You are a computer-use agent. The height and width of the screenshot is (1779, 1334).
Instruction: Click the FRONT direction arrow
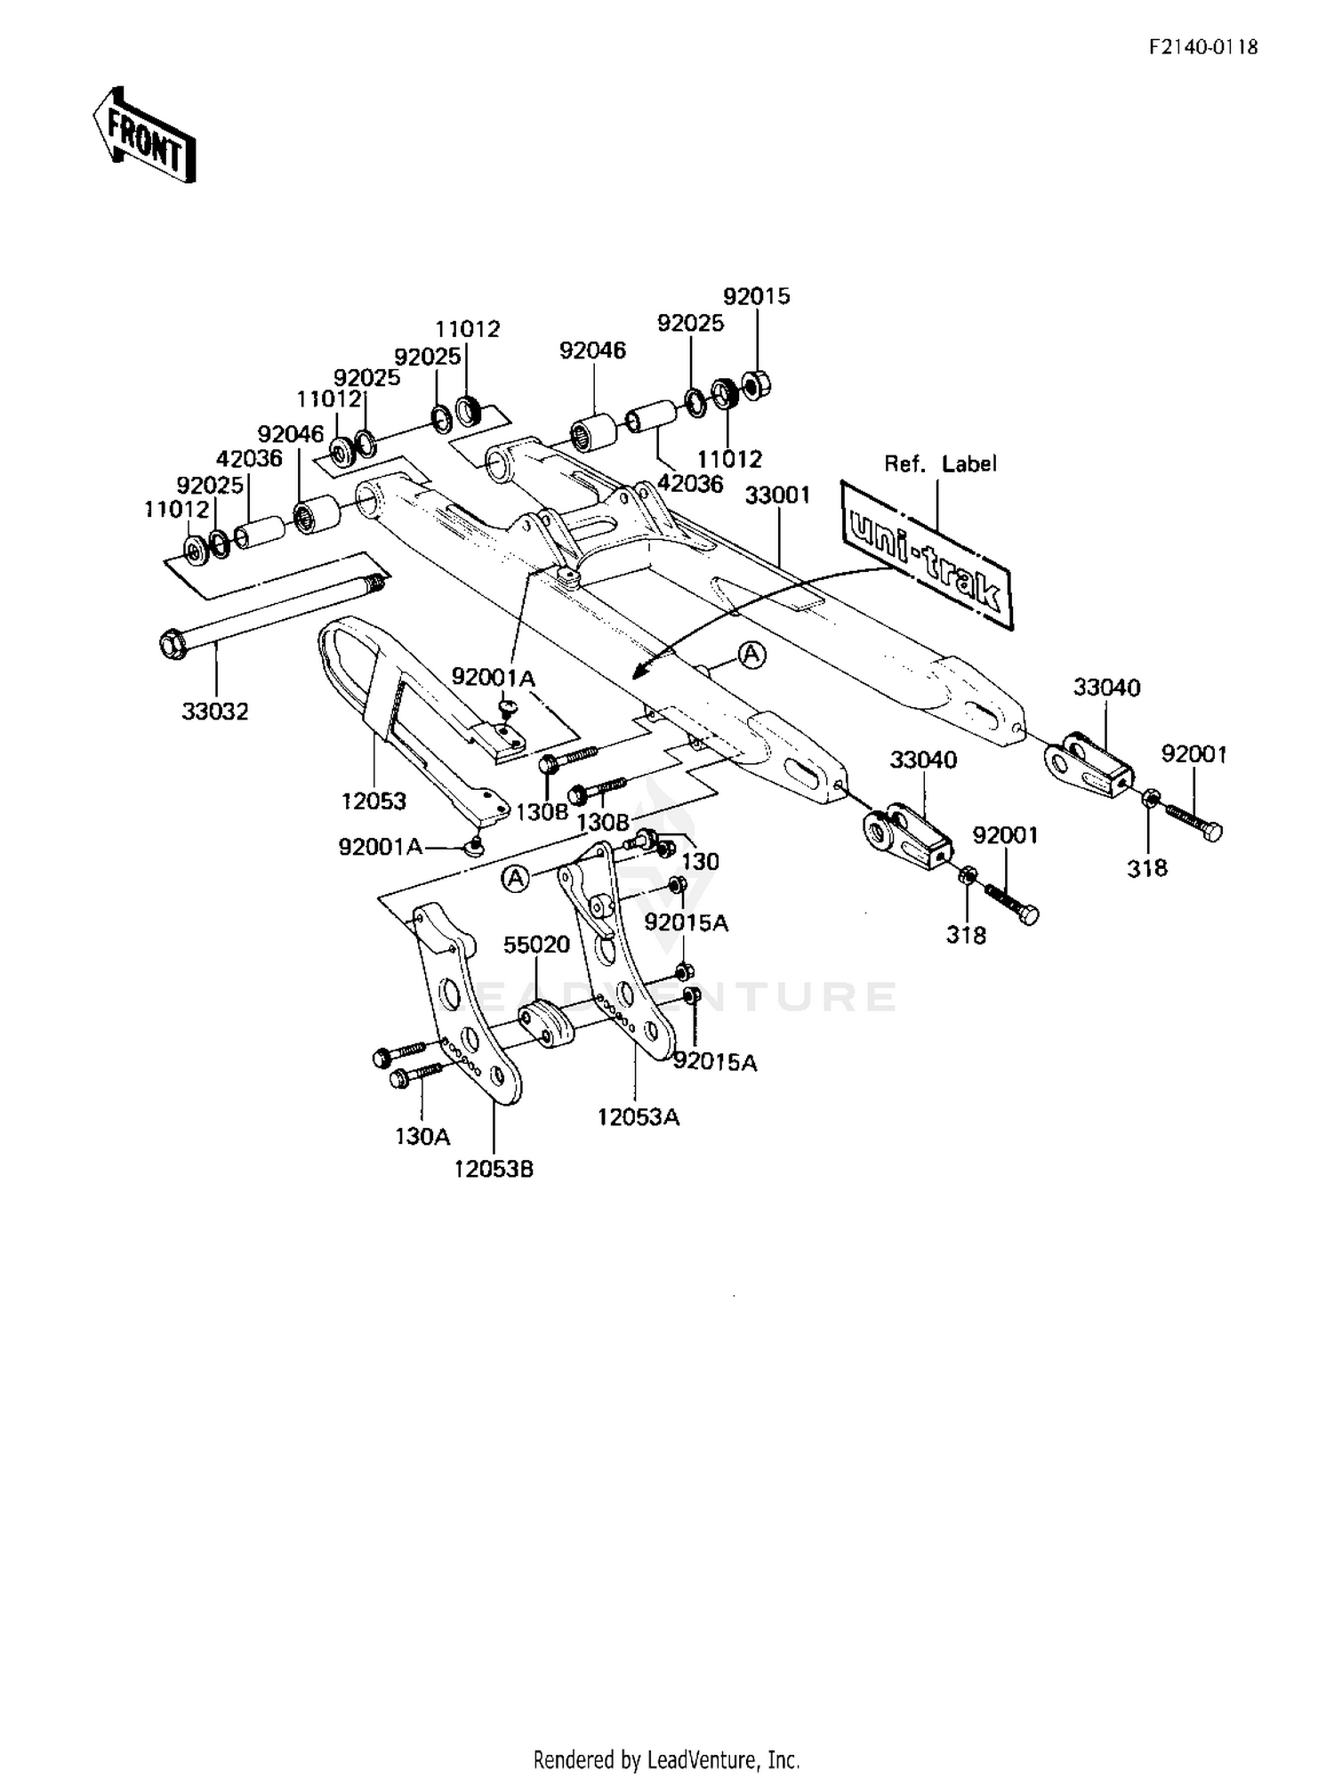click(x=144, y=134)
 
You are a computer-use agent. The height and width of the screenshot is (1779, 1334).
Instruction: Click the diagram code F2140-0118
click(x=1203, y=47)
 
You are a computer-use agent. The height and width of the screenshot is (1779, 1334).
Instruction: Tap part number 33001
click(x=777, y=495)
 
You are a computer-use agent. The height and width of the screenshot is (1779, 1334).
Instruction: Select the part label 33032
click(x=215, y=711)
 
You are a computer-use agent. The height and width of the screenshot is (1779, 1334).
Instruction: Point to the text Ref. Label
click(x=940, y=463)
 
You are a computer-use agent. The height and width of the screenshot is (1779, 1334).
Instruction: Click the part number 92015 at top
click(x=756, y=296)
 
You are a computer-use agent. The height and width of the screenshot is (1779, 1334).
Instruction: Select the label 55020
click(x=536, y=944)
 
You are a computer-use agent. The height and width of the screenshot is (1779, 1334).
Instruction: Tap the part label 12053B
click(x=494, y=1169)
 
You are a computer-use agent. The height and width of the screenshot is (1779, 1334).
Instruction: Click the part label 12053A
click(x=638, y=1116)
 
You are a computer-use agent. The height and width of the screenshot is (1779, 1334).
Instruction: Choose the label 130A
click(x=422, y=1136)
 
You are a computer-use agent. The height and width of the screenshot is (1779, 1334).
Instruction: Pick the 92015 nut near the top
click(x=755, y=385)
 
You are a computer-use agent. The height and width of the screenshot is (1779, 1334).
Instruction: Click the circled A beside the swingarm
click(x=752, y=655)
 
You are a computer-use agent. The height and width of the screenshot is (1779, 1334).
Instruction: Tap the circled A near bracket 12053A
click(x=515, y=879)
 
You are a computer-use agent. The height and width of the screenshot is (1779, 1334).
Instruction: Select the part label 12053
click(x=374, y=801)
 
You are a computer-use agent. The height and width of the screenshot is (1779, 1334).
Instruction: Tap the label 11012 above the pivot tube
click(x=468, y=329)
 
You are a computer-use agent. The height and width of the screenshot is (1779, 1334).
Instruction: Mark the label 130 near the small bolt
click(x=700, y=860)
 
